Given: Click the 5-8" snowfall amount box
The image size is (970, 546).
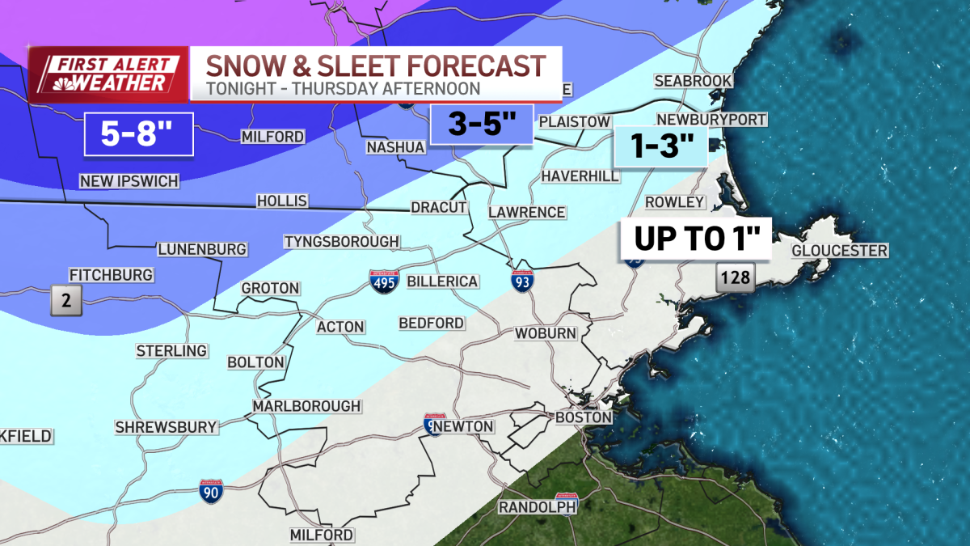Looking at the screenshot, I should (138, 133).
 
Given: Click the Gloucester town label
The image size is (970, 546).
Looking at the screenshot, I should (839, 251).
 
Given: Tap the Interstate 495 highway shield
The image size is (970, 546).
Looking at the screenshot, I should (384, 281).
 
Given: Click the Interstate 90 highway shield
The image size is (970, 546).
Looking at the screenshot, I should (211, 491).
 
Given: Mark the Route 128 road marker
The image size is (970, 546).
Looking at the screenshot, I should (734, 280).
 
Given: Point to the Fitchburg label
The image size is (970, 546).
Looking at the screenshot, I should (111, 275).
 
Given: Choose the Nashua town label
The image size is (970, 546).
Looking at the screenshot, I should (395, 147).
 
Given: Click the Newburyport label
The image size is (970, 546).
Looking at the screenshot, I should (711, 120).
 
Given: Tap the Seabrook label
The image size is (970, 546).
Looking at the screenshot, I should (693, 81).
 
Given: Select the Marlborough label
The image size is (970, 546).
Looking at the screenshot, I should (306, 405).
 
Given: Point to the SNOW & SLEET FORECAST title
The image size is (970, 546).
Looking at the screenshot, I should (375, 66).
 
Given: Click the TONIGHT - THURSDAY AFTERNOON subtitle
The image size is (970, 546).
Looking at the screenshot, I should (343, 88).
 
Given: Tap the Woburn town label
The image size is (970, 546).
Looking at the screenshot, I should (546, 333).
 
